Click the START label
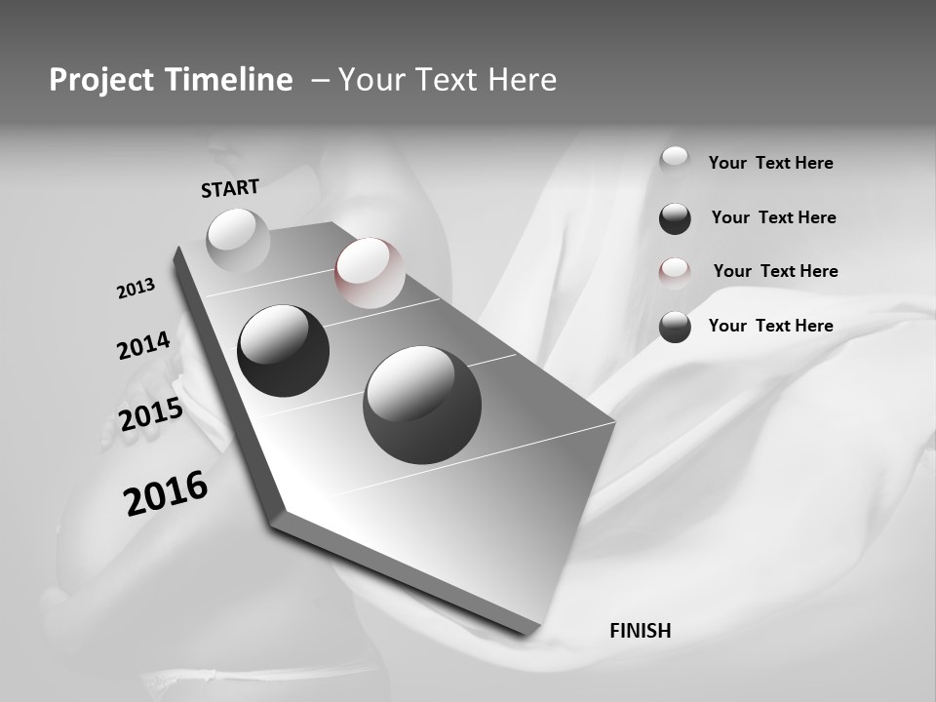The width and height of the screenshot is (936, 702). (x=230, y=188)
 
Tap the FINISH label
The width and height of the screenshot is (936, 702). (x=640, y=631)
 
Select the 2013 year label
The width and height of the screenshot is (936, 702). (x=136, y=289)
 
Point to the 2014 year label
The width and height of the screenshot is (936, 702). (x=143, y=346)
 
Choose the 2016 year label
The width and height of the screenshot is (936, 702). (x=166, y=492)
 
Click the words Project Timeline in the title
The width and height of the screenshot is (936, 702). (x=171, y=80)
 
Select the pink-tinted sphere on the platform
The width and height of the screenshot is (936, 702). (x=369, y=272)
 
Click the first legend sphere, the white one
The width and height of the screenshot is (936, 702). (x=675, y=161)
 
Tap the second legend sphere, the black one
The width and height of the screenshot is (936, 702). (x=675, y=218)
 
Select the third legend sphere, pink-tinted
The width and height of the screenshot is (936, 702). (x=675, y=272)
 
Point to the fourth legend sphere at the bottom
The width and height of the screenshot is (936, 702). (x=675, y=327)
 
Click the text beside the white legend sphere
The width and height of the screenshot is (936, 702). (x=770, y=163)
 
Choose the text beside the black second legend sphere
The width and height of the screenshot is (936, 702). (x=773, y=217)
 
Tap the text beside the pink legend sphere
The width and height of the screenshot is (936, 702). (x=775, y=271)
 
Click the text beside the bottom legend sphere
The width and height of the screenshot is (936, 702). (x=770, y=326)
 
